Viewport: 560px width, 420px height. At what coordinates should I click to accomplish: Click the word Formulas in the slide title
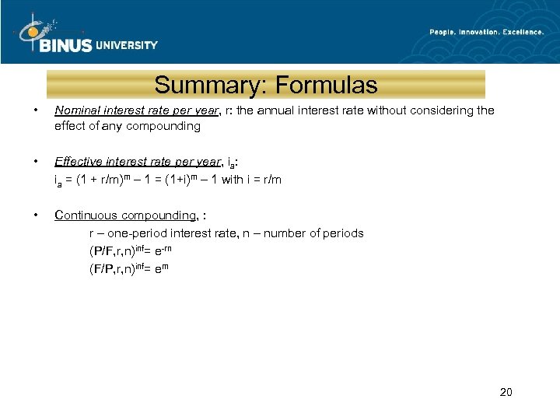[x=327, y=85]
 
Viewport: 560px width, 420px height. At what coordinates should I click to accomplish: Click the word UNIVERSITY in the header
[x=127, y=45]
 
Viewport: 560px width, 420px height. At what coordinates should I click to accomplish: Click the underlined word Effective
[x=79, y=162]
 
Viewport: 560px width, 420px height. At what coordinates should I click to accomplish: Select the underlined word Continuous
[x=86, y=215]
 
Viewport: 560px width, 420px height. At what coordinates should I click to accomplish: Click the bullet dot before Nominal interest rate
[x=26, y=110]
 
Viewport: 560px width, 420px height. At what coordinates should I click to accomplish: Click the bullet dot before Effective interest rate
[x=26, y=162]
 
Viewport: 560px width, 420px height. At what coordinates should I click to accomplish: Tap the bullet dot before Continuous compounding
[x=26, y=215]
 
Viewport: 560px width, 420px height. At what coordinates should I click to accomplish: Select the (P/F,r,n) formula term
[x=113, y=251]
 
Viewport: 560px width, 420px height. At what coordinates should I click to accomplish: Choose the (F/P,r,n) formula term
[x=113, y=269]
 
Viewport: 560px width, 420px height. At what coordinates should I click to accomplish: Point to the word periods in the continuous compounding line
[x=345, y=233]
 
